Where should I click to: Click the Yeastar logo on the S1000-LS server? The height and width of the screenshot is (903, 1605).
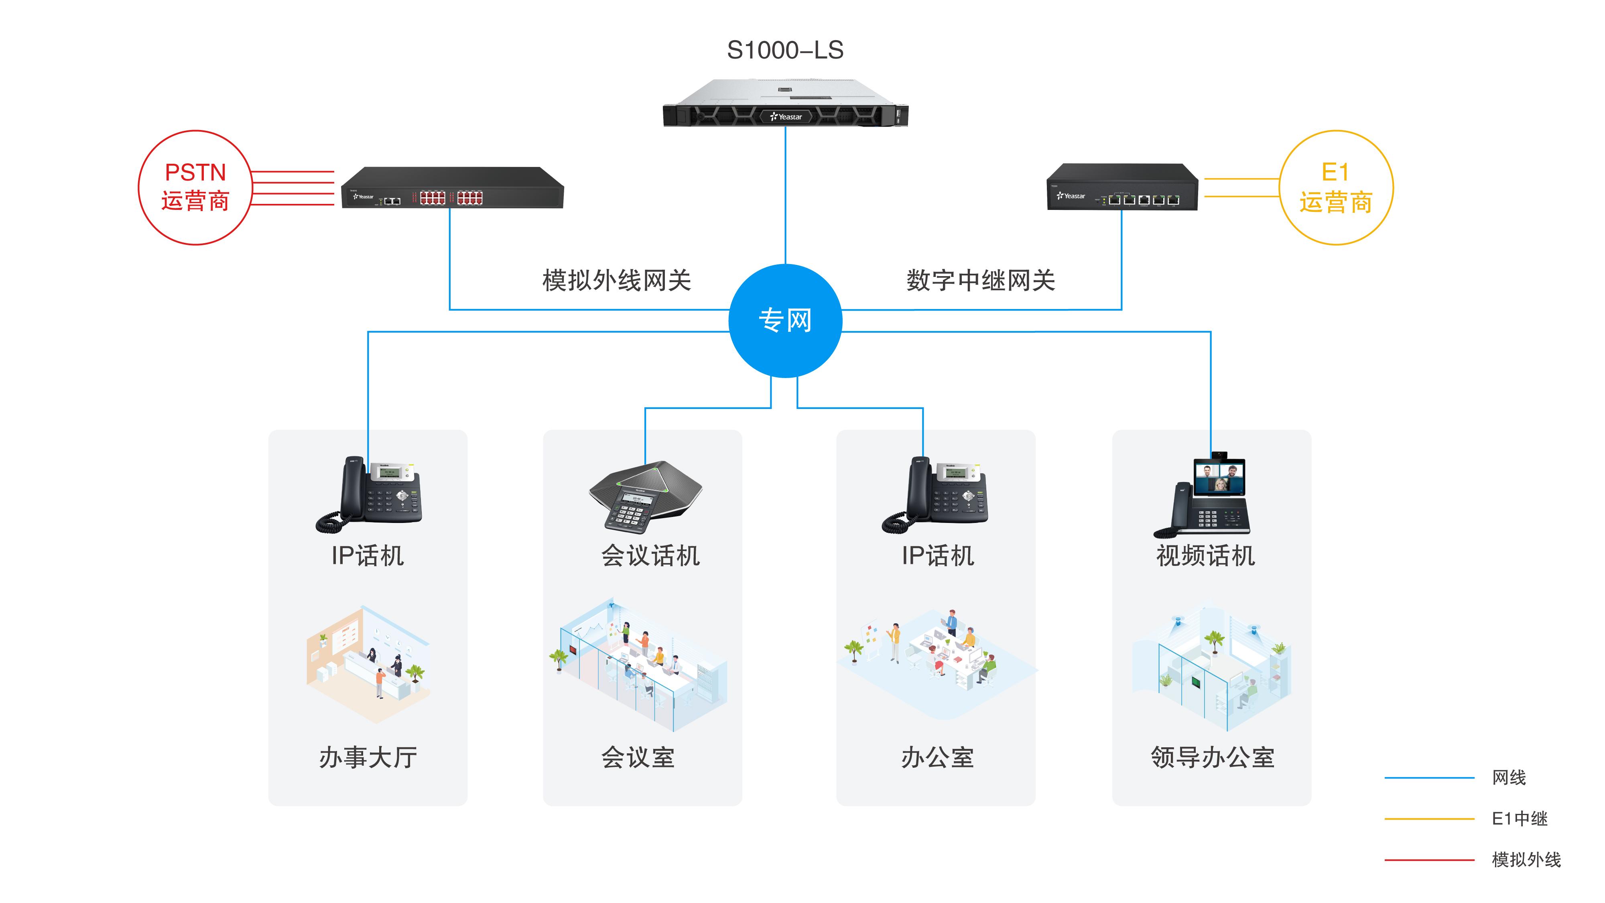click(786, 116)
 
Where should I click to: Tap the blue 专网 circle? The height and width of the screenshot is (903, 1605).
click(785, 321)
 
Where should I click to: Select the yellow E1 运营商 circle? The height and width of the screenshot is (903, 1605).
click(1336, 187)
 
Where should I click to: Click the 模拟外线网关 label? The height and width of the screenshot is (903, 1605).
click(616, 281)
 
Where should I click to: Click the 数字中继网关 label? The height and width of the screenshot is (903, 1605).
click(981, 281)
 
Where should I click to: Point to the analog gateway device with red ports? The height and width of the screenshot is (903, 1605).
click(452, 188)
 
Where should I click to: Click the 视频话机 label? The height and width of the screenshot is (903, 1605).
click(1206, 556)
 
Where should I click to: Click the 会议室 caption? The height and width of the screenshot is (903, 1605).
click(638, 758)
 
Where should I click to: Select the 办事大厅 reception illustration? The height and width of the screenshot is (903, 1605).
click(368, 664)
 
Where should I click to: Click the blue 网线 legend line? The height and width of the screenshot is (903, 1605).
click(1429, 778)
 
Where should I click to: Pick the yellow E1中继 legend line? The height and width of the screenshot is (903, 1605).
click(1429, 819)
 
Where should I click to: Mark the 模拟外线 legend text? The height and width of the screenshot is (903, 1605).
click(1526, 860)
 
